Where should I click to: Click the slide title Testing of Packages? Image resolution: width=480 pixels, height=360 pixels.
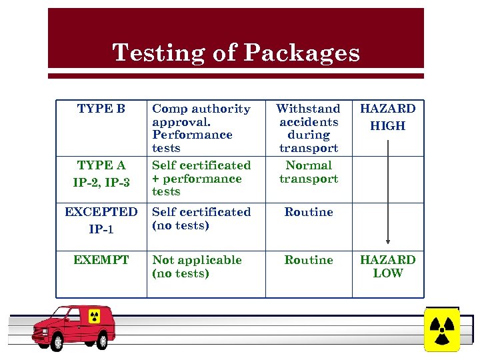[x=236, y=53]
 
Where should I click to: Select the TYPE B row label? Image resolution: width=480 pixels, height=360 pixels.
[x=101, y=109]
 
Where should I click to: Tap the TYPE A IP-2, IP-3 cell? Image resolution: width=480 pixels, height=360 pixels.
[x=101, y=173]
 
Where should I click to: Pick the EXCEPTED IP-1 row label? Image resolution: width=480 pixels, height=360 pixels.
[x=101, y=220]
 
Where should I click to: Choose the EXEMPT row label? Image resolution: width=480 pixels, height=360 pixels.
[x=101, y=260]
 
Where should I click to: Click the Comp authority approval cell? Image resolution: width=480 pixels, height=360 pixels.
[x=201, y=128]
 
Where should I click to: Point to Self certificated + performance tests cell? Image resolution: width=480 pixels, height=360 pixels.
[x=201, y=179]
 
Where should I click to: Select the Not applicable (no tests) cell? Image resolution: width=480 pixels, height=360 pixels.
[x=197, y=267]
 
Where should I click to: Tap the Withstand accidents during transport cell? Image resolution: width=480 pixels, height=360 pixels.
[x=309, y=128]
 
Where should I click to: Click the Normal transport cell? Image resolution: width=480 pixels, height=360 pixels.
[x=309, y=172]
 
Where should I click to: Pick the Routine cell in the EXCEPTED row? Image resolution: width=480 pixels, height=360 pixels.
[x=309, y=212]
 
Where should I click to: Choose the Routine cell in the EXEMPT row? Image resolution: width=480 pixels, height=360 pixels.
[x=309, y=260]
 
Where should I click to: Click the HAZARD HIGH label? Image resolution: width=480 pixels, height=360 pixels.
[x=387, y=117]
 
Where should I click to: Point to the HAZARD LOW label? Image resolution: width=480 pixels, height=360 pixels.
[x=387, y=267]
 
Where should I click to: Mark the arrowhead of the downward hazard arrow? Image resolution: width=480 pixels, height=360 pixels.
[x=387, y=243]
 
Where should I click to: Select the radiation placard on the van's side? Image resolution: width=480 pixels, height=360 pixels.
[x=93, y=315]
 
